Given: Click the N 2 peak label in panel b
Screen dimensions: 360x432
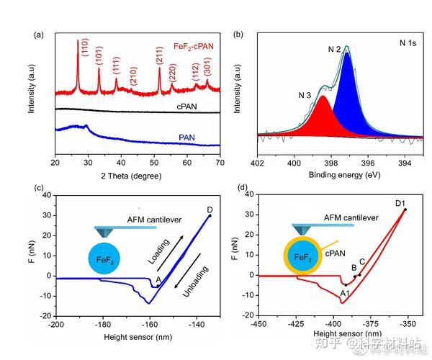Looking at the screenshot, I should (334, 50).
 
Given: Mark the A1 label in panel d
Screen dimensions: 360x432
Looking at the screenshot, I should (344, 293).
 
